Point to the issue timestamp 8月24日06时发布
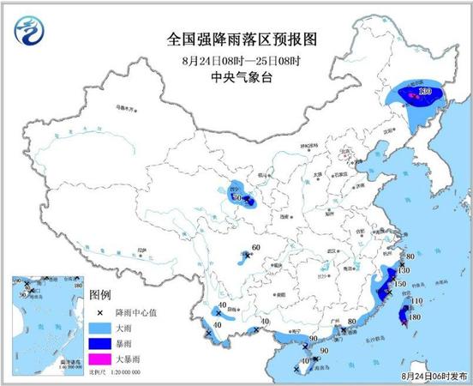click(436, 375)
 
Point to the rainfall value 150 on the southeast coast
click(399, 284)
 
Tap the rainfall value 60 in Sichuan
click(255, 249)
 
